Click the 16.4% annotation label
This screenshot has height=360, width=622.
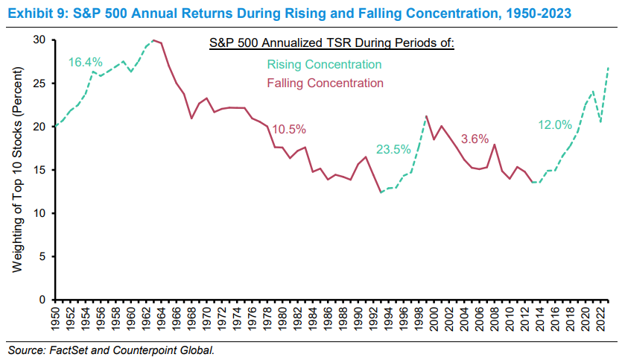coord(86,63)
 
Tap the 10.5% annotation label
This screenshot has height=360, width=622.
coord(290,129)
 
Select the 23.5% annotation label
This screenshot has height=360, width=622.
coord(393,148)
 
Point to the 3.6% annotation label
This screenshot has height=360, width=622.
coord(475,139)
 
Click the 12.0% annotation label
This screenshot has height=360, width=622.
coord(556,125)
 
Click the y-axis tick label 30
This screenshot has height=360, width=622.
coord(39,40)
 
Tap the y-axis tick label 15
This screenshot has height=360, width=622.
coord(39,170)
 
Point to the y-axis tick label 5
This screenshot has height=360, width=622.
coord(42,256)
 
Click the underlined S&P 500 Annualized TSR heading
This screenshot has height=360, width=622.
coord(332,44)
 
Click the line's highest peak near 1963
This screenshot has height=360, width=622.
coord(153,40)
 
